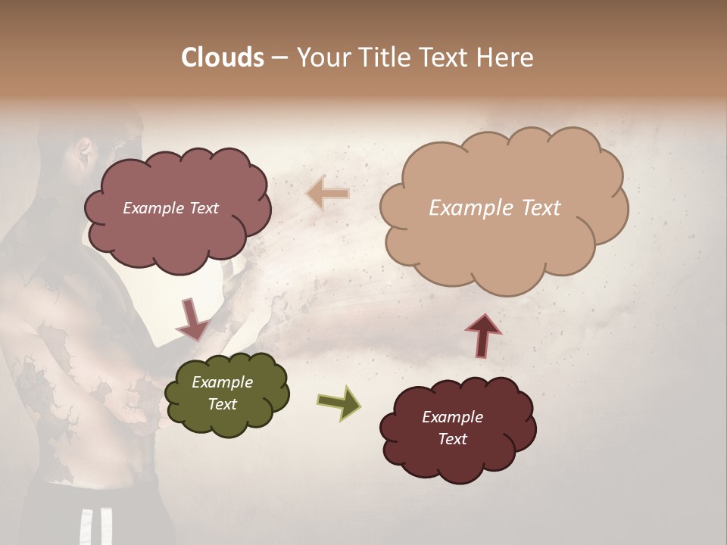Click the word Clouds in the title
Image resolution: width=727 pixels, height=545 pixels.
click(223, 58)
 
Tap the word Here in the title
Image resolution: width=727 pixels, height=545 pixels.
click(507, 58)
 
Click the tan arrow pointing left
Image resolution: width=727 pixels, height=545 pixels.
click(327, 195)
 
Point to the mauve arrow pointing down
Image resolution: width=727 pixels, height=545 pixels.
click(192, 319)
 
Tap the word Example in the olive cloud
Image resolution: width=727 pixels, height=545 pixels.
click(222, 382)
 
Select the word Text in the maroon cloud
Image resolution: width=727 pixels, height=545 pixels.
click(452, 439)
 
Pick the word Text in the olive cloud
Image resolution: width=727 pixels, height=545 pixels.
click(222, 404)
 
